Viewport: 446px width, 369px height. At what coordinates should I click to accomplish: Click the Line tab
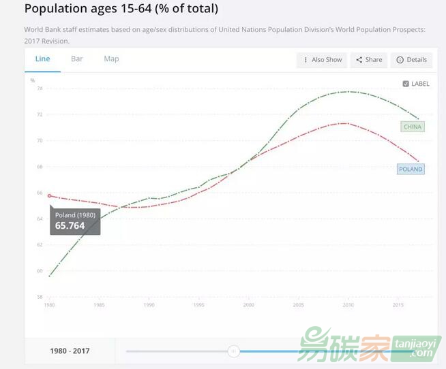click(42, 59)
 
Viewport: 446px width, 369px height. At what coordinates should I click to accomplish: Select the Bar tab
click(77, 59)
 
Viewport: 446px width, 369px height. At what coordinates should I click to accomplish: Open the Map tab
click(111, 59)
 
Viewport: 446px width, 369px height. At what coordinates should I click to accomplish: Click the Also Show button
click(322, 60)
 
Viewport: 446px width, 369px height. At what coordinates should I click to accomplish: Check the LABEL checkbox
click(406, 84)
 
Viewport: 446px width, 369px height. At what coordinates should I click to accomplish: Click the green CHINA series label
click(413, 127)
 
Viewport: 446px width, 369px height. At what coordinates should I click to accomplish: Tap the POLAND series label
click(411, 169)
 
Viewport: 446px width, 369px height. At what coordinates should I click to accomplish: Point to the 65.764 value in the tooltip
click(70, 225)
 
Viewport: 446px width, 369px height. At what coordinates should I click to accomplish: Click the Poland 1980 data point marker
click(49, 195)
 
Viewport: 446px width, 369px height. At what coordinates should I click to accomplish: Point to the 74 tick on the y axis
click(40, 89)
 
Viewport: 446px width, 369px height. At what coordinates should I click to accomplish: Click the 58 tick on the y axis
click(40, 297)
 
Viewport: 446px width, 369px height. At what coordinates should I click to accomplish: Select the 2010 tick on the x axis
click(348, 306)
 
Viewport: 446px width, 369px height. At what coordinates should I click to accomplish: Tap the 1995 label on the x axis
click(198, 306)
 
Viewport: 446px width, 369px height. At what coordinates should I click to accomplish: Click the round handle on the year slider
click(234, 351)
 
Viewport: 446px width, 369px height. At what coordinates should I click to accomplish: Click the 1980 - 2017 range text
click(70, 351)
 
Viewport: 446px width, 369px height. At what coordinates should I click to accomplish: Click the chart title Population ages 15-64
click(121, 9)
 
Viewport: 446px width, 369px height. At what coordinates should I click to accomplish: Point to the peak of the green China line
click(348, 91)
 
